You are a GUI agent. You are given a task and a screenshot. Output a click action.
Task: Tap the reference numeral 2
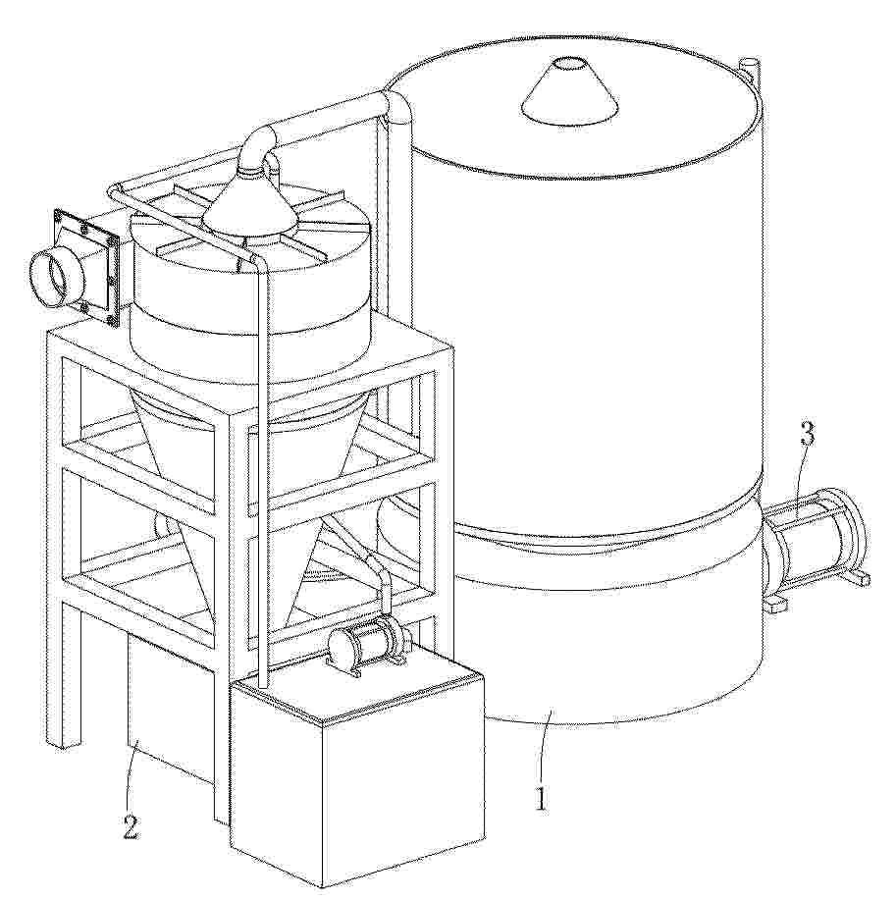[131, 827]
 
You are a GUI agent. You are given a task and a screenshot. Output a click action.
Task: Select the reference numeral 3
[809, 434]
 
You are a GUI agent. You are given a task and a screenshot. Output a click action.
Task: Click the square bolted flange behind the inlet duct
[86, 267]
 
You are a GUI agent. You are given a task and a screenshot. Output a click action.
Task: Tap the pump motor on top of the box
[368, 641]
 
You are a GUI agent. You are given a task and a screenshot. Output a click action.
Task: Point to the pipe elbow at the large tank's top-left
[397, 108]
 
